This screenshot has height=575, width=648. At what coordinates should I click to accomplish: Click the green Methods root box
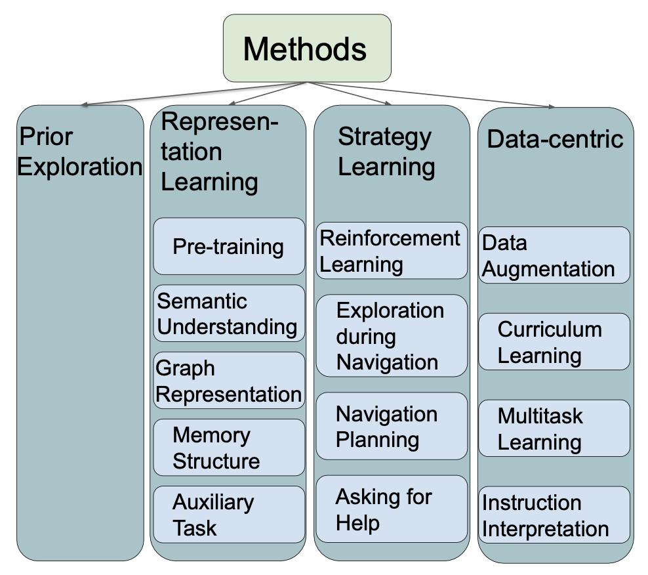click(x=306, y=49)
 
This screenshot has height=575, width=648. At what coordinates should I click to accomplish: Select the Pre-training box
click(x=229, y=246)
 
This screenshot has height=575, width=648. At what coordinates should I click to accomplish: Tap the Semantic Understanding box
click(x=229, y=313)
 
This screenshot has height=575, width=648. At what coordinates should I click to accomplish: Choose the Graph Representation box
click(x=229, y=381)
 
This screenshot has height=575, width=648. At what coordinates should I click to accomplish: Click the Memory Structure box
click(x=229, y=447)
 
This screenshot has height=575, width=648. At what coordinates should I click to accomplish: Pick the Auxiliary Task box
click(x=229, y=514)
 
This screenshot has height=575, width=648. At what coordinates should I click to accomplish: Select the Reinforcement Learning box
click(x=392, y=251)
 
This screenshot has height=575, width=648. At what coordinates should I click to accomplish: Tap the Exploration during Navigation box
click(x=392, y=335)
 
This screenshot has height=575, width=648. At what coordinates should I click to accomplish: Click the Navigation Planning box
click(x=392, y=426)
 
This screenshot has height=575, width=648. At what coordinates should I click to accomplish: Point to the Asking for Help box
click(x=392, y=509)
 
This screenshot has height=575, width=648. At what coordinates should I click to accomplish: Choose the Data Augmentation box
click(x=554, y=255)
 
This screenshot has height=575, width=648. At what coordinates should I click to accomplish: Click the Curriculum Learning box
click(x=554, y=341)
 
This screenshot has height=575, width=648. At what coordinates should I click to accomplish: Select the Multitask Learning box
click(x=554, y=428)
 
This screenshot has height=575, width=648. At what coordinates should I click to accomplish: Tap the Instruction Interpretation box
click(x=554, y=515)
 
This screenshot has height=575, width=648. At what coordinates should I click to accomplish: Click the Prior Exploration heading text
click(x=79, y=152)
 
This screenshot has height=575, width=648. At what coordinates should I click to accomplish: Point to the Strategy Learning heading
click(x=386, y=152)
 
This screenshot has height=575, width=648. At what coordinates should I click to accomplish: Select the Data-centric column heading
click(x=555, y=138)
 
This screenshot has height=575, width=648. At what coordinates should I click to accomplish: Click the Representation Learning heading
click(x=220, y=152)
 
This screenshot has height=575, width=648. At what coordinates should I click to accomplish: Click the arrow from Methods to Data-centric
click(x=433, y=95)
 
